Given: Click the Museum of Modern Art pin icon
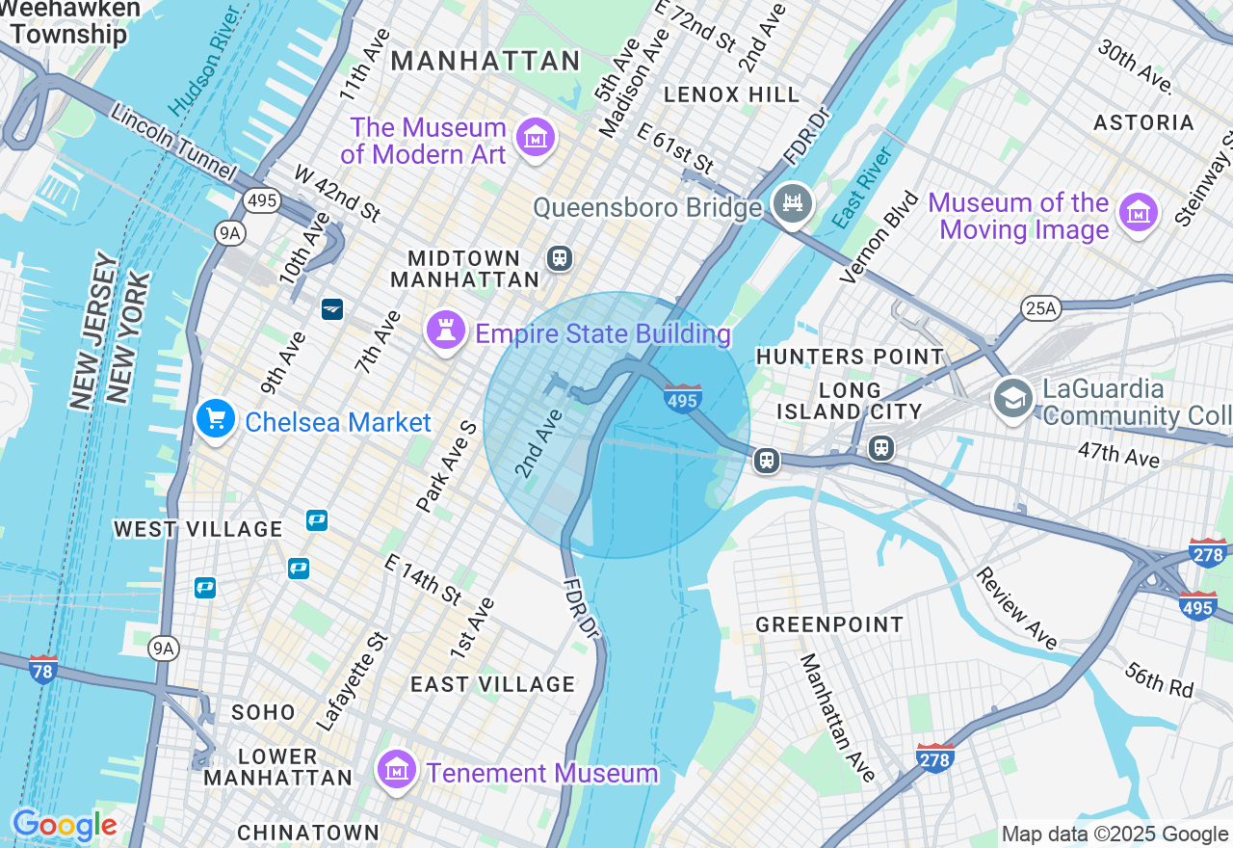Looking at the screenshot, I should tap(535, 138).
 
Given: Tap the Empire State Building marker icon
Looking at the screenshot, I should tap(445, 332).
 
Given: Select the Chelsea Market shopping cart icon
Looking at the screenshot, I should tap(216, 420).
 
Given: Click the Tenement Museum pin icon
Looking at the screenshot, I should tap(397, 771).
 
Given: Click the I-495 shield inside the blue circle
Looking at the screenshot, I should tap(683, 398).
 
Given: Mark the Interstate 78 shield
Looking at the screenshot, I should tap(43, 667).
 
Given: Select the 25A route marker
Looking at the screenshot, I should tap(1040, 308).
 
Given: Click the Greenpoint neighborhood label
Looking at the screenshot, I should tap(829, 624).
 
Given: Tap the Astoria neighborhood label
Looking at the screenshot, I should tap(1143, 122).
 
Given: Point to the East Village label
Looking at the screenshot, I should tap(492, 684).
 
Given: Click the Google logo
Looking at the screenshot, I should tap(64, 825).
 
